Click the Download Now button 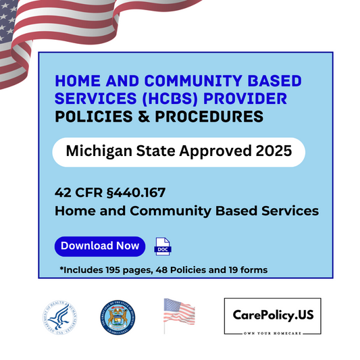100,246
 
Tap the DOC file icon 163,247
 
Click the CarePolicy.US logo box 272,316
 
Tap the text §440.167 131,192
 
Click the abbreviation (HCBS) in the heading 174,99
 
